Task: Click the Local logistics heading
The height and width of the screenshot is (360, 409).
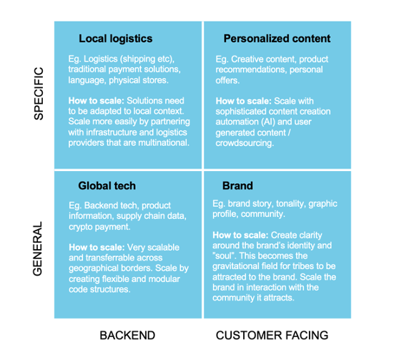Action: click(116, 39)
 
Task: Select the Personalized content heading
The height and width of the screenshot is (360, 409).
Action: click(277, 39)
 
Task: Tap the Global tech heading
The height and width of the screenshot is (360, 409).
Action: click(107, 186)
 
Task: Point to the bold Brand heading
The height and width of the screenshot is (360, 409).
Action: click(237, 186)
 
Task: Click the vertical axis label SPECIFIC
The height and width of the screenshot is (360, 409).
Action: click(39, 94)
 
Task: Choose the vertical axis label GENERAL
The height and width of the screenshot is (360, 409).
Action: click(38, 249)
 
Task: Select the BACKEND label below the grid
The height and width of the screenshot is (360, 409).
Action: click(127, 336)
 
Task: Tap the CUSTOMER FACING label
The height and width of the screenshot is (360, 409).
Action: click(272, 336)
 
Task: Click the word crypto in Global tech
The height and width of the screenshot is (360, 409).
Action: click(81, 227)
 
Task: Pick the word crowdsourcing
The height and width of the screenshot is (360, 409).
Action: click(245, 143)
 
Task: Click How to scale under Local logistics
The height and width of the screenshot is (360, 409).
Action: click(97, 101)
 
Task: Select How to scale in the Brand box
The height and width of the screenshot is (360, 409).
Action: click(240, 235)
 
